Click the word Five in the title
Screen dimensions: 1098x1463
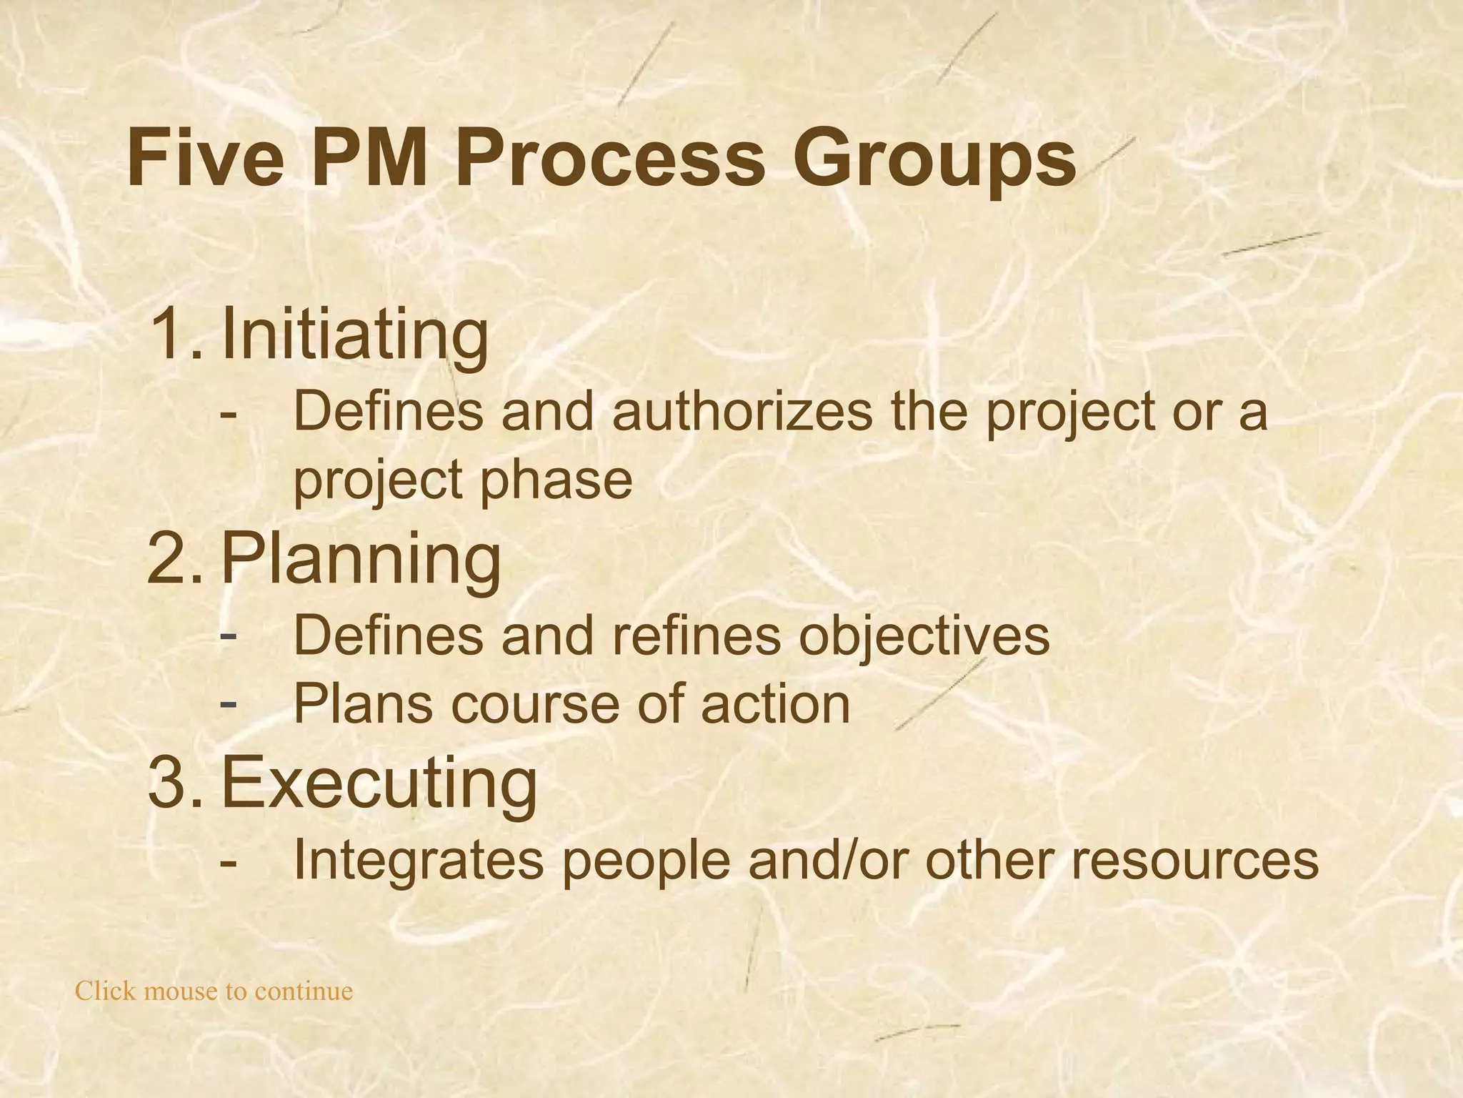click(x=205, y=158)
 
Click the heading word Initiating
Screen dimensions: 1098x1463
click(x=355, y=335)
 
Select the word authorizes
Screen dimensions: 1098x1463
click(x=742, y=412)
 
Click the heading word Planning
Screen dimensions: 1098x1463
click(x=361, y=560)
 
